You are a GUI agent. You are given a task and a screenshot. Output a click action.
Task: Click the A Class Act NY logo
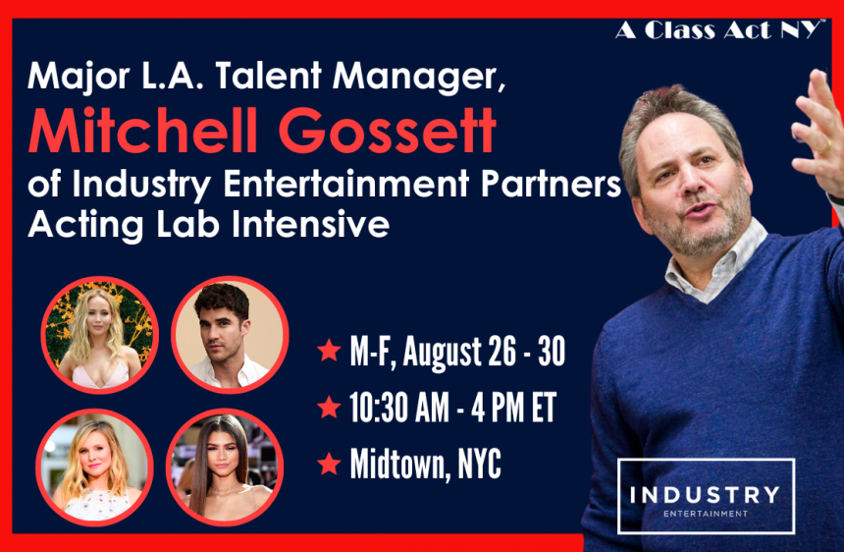click(x=719, y=30)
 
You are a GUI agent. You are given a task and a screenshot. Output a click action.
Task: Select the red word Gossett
click(x=387, y=131)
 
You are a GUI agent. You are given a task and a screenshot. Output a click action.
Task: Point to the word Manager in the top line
click(x=419, y=77)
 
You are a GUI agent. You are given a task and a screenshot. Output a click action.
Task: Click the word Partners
click(x=552, y=184)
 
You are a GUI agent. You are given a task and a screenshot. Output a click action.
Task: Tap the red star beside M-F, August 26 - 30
click(x=329, y=350)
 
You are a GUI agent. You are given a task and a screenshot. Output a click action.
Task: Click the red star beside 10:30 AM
click(x=329, y=407)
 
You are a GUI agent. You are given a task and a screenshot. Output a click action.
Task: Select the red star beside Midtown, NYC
click(x=329, y=464)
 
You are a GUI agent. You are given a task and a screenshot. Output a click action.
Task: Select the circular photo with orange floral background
click(x=99, y=335)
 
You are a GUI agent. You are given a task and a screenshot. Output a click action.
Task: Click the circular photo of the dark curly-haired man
click(x=230, y=335)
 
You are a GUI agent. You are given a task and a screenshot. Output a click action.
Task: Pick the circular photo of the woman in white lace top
click(x=95, y=468)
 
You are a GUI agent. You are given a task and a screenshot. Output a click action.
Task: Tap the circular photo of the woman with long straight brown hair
click(x=225, y=468)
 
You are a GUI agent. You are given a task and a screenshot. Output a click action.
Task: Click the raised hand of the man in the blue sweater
click(x=818, y=130)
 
